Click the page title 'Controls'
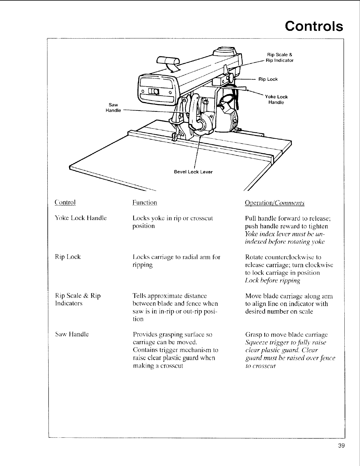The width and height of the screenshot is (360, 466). pos(314,26)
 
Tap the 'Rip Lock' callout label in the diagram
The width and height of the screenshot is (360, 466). pos(268,79)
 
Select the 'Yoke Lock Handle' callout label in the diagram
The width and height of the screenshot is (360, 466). pos(276,100)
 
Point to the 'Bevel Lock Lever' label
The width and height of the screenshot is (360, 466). pos(193,172)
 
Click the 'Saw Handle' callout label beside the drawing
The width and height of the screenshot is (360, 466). pos(113,108)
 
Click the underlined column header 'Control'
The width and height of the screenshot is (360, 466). pos(65,202)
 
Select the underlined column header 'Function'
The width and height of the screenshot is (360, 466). pos(145,202)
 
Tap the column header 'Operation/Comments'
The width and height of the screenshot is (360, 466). pos(275,203)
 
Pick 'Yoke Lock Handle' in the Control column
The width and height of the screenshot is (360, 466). pos(81,218)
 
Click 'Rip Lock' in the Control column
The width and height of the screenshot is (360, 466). pos(68,257)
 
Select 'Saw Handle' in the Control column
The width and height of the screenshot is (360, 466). pos(72,334)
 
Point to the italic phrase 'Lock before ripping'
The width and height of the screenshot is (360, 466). pos(273,280)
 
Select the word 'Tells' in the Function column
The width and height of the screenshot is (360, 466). pos(139,296)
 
